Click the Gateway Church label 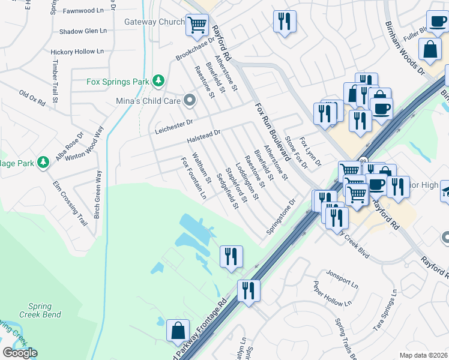point(154,22)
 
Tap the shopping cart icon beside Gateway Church point(197,25)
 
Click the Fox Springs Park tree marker point(158,80)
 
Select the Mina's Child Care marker point(190,101)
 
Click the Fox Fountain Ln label point(194,178)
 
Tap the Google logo point(20,353)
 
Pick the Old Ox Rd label point(32,98)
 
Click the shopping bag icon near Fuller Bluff point(430,50)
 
